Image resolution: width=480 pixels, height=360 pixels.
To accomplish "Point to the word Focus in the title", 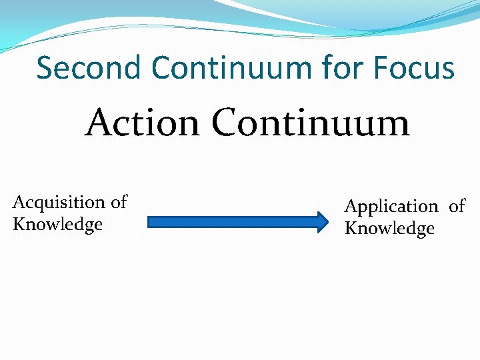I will point(415,68).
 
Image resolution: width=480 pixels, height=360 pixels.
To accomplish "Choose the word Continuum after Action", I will point(310,123).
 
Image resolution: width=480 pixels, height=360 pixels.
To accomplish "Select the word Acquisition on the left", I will point(59,202).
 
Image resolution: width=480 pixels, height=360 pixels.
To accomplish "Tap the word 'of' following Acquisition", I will point(119,202).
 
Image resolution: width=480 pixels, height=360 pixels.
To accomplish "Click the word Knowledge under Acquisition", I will point(57,224).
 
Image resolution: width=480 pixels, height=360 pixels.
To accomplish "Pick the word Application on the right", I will point(391,207).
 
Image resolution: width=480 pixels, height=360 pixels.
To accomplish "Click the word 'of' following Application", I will point(457,207).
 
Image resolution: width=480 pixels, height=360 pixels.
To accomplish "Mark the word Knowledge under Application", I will point(389,229).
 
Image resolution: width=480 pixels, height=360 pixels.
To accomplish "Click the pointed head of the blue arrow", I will point(323,221).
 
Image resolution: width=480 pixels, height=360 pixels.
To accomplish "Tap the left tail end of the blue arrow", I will point(149,221).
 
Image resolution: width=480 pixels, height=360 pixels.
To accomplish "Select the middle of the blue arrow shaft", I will point(233,221).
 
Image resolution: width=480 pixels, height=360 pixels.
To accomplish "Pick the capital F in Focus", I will point(382,68).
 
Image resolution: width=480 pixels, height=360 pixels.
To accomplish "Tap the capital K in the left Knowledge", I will point(19,224).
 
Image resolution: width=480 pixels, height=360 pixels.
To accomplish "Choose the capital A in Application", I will point(351,207).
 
